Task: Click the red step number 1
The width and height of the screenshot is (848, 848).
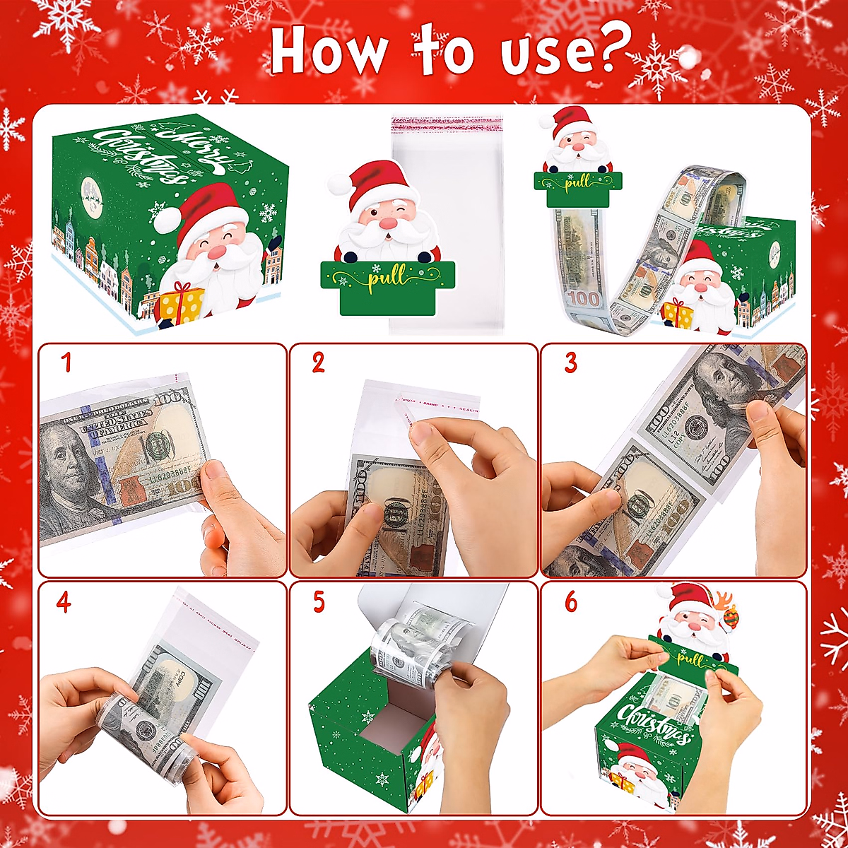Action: click(66, 363)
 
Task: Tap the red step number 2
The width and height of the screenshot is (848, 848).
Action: click(318, 363)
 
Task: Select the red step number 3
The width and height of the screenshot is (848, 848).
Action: click(570, 363)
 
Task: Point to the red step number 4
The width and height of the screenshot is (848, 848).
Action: click(64, 602)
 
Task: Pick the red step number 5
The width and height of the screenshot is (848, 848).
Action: click(319, 602)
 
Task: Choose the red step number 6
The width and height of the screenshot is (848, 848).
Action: click(570, 602)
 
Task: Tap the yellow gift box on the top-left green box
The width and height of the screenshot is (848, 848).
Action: click(180, 304)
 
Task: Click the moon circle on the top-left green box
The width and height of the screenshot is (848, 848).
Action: click(90, 189)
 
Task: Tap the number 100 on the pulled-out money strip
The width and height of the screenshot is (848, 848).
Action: click(584, 298)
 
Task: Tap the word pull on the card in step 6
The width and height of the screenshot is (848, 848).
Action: click(689, 659)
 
